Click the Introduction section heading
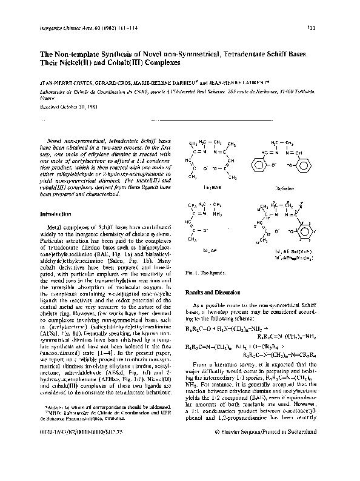56,214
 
